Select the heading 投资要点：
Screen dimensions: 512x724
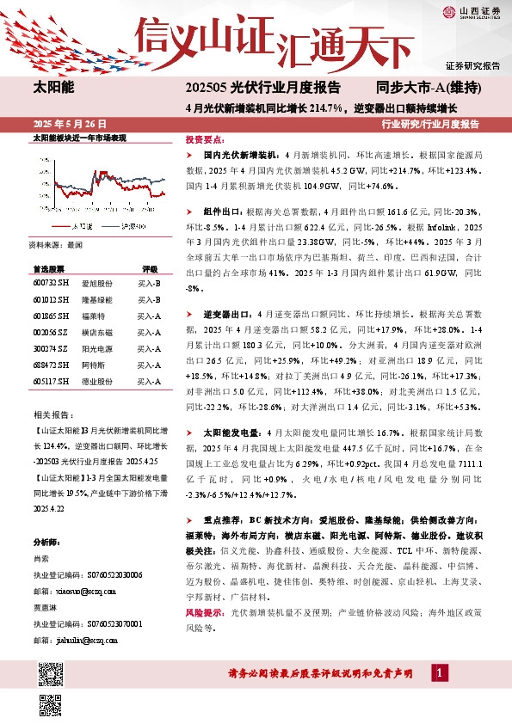click(x=207, y=138)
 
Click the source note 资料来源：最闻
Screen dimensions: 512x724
click(x=56, y=244)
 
